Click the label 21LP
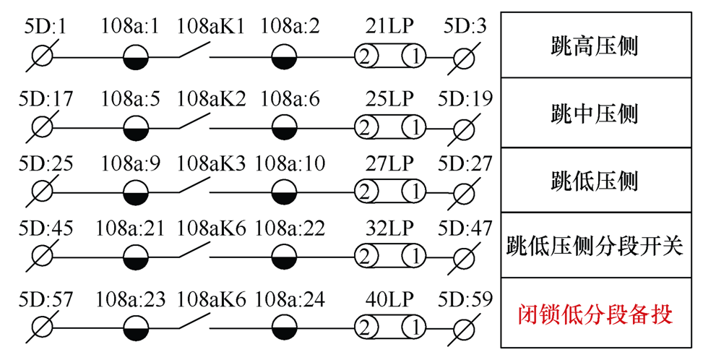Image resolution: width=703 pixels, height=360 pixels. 389,28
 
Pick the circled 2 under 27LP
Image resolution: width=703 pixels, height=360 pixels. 366,193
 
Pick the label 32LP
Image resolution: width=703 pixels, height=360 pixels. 389,230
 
